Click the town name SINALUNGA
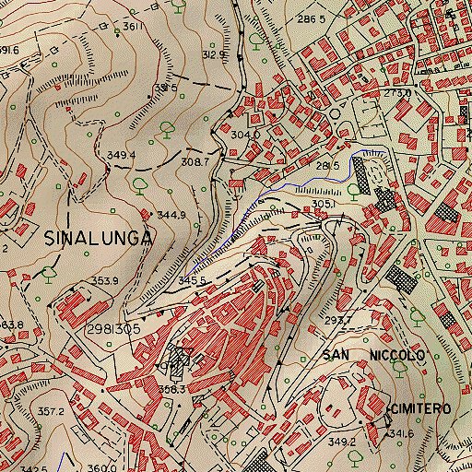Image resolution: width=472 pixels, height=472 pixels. pyautogui.click(x=97, y=237)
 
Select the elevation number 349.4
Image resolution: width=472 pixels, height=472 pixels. pyautogui.click(x=122, y=155)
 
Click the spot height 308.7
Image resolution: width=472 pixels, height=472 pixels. pyautogui.click(x=195, y=161)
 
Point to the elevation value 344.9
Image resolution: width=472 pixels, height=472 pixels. pyautogui.click(x=171, y=215)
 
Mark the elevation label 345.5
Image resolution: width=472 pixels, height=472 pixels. pyautogui.click(x=191, y=280)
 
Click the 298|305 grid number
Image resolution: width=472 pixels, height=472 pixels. pyautogui.click(x=116, y=328)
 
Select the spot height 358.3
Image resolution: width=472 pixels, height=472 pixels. pyautogui.click(x=173, y=390)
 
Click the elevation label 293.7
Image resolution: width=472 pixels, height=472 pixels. pyautogui.click(x=337, y=321)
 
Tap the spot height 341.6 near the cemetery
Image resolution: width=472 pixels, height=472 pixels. pyautogui.click(x=400, y=432)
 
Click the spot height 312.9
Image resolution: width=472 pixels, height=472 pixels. pyautogui.click(x=214, y=54)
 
